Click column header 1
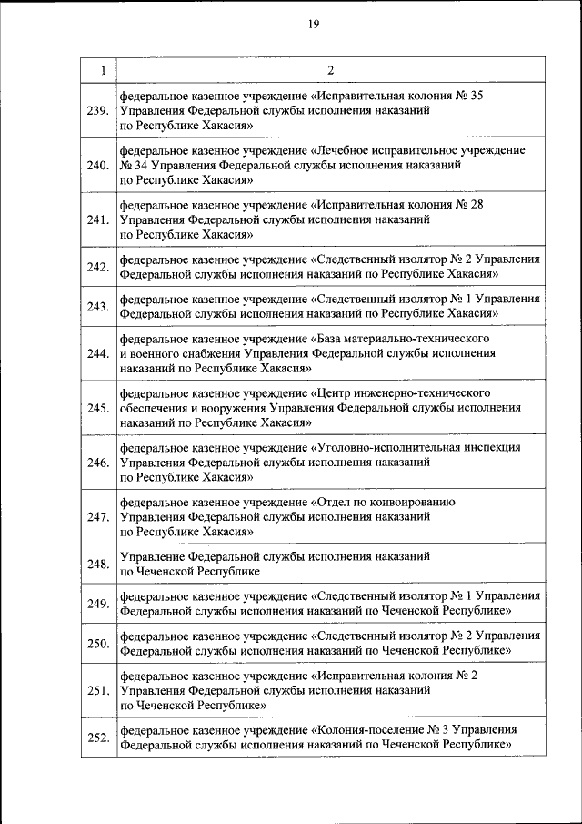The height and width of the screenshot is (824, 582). (102, 70)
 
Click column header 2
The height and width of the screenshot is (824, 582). (331, 70)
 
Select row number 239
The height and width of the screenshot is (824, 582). (98, 112)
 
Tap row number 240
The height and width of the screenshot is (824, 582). (98, 165)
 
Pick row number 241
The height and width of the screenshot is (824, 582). (98, 219)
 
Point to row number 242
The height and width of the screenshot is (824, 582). (98, 267)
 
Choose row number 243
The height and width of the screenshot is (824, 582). (98, 307)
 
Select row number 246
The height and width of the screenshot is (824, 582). (98, 463)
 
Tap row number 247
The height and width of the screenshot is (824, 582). (98, 517)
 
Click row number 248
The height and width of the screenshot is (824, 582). (98, 565)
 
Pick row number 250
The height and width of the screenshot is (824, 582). (98, 645)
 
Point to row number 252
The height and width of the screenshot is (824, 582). (98, 738)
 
